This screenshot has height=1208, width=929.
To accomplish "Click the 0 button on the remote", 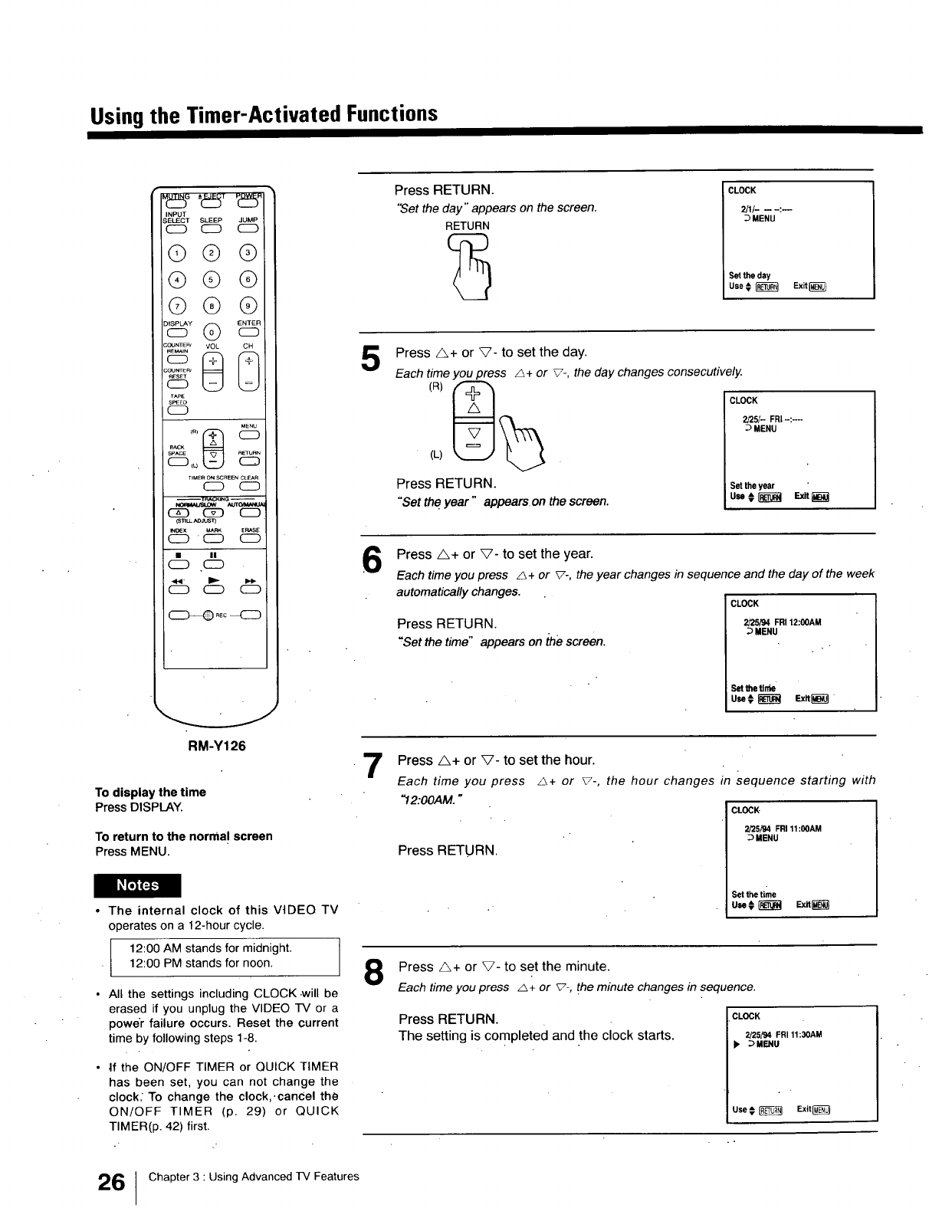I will coord(212,332).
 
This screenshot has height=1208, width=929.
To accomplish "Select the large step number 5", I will coord(370,359).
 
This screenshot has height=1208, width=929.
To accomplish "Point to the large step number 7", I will coord(372,766).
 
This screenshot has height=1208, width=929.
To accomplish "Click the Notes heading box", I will coord(138,885).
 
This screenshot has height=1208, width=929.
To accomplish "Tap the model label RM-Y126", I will coord(217,746).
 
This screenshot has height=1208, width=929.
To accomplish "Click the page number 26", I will coord(111,1182).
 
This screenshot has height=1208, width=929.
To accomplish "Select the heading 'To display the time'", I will coord(150,793).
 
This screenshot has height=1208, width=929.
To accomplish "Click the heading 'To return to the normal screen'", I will coord(183,836).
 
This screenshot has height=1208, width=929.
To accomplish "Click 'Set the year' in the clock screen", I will coord(752,486).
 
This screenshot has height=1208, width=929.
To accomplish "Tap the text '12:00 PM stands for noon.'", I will coord(201,963).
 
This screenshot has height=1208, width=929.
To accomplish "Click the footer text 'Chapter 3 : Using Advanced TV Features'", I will coord(253,1177).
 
